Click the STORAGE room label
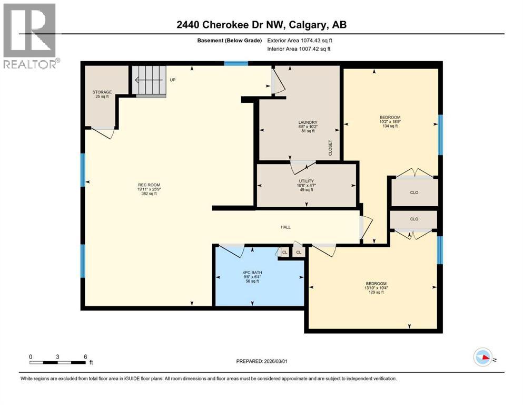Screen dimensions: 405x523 point(102,92)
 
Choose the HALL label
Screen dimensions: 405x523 point(285,227)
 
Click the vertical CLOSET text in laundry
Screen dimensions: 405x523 point(330,147)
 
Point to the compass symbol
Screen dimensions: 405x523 point(482,357)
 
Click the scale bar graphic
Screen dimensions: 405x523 point(58,362)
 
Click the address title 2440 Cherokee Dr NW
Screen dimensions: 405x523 point(261,25)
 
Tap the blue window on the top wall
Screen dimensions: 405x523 point(236,64)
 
